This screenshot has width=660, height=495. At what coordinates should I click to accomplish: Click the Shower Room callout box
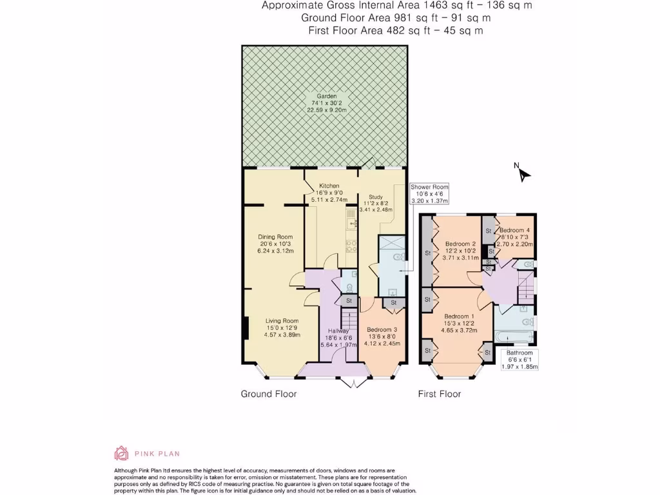(429, 193)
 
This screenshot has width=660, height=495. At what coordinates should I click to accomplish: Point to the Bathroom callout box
(519, 360)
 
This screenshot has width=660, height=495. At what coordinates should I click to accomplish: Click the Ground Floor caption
(269, 394)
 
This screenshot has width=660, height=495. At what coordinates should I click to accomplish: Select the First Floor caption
(440, 394)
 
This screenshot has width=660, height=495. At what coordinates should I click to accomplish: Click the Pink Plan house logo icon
(121, 453)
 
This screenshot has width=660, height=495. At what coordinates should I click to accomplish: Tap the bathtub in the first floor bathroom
(514, 336)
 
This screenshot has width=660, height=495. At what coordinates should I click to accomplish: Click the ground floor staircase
(349, 318)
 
